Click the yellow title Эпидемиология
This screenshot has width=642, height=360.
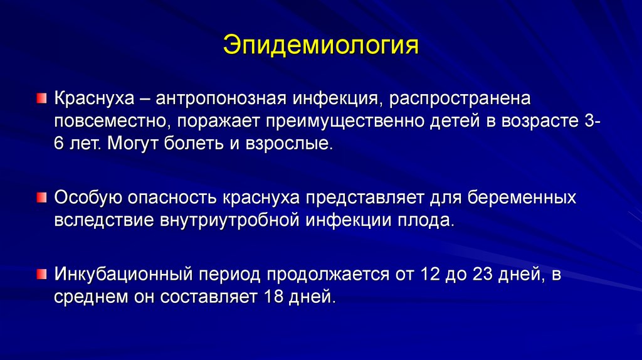coord(321,46)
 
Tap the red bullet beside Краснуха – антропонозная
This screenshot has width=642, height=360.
coord(41,98)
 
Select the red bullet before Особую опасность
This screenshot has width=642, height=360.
coord(41,198)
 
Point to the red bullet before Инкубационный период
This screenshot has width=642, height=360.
coord(41,274)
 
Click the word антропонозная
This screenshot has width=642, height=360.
coord(221,99)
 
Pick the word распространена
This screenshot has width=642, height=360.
coord(460,99)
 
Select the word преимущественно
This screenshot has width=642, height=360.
coord(345,122)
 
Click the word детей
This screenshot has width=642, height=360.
coord(455,121)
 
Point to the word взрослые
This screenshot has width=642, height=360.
coord(289,144)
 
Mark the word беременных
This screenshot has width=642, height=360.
coord(522,198)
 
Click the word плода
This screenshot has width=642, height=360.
coord(426,220)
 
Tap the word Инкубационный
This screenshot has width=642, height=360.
coord(124,274)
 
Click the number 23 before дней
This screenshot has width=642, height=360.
coord(482,274)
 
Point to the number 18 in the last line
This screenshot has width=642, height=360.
coord(273,297)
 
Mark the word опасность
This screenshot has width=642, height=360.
coord(172,198)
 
